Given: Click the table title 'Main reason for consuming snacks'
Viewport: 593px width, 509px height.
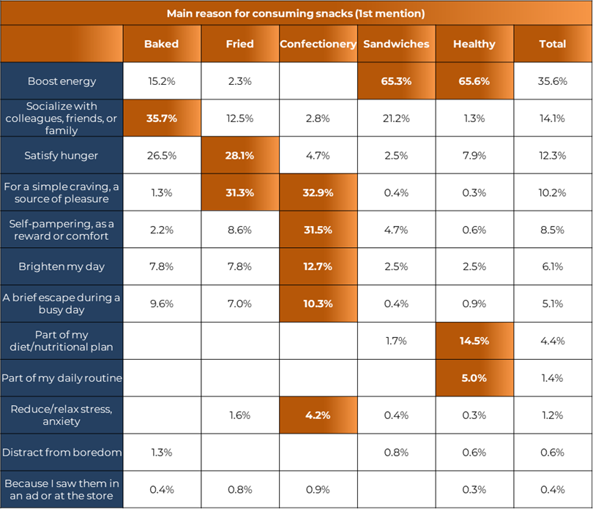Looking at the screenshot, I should [x=296, y=13].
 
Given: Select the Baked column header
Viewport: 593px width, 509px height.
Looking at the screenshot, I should [x=161, y=44].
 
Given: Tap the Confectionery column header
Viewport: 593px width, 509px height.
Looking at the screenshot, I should [x=318, y=44].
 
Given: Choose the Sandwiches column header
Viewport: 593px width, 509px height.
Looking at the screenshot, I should [x=396, y=44].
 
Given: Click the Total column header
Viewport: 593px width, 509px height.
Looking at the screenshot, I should [x=552, y=44].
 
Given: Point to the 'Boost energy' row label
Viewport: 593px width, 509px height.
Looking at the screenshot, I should [x=61, y=81].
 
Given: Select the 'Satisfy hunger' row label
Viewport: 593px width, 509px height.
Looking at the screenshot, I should [x=61, y=155].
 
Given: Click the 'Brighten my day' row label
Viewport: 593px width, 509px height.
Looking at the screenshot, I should [x=61, y=267].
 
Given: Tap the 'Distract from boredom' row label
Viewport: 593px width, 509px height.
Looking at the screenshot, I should [x=61, y=452].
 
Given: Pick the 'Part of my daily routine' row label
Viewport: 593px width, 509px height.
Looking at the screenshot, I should [x=61, y=378].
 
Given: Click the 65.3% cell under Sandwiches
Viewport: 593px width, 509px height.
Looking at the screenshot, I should [x=396, y=81].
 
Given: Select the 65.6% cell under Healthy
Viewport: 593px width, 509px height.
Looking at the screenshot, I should [x=474, y=81].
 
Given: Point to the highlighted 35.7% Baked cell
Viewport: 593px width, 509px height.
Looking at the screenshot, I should [x=161, y=118].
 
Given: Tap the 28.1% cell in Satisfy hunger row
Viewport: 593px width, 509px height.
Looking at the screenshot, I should [x=239, y=155].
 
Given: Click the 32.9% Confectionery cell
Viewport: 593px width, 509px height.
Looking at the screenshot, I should [x=318, y=193].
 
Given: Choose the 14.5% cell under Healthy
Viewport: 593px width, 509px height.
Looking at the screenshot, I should [x=474, y=341].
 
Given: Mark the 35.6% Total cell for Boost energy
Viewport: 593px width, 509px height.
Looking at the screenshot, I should [x=552, y=81].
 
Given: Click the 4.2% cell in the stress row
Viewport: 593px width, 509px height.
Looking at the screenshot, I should [x=318, y=415].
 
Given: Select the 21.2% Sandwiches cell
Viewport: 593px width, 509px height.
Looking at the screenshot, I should [x=396, y=118].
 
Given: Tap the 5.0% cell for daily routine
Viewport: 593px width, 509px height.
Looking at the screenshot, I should [x=474, y=378].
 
